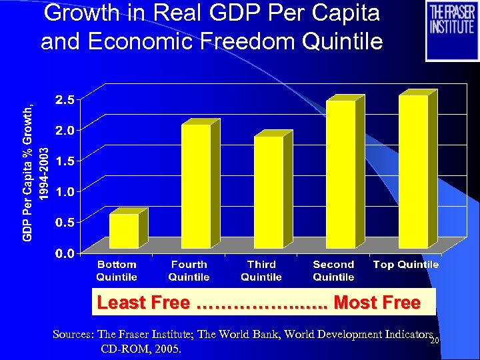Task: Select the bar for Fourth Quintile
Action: click(196, 186)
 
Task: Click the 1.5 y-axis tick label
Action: click(65, 161)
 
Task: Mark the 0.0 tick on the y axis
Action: click(65, 253)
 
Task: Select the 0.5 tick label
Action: click(65, 222)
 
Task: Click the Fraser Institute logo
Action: click(451, 31)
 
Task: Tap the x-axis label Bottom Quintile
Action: click(117, 271)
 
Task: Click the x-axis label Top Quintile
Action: click(406, 265)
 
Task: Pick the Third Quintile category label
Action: click(261, 271)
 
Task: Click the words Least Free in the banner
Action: click(143, 303)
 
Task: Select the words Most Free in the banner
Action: click(377, 303)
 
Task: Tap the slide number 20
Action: click(434, 341)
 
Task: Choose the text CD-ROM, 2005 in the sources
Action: click(140, 349)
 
